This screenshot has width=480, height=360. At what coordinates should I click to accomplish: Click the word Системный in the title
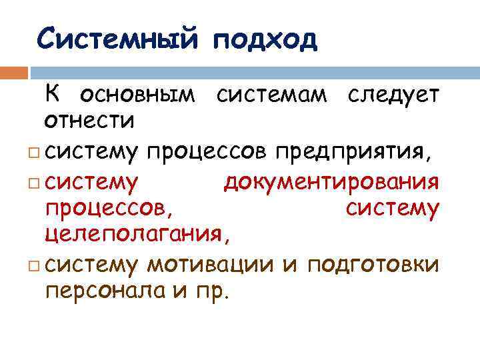117,39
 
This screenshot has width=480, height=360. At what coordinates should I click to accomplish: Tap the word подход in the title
265,40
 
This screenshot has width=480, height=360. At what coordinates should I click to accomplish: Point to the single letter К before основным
53,95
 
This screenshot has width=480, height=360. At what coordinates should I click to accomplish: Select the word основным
137,97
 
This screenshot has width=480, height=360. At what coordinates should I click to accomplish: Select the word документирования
331,181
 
